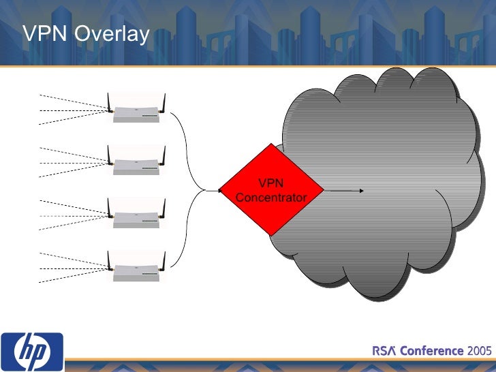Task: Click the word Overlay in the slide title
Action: point(112,34)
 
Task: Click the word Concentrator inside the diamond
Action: point(271,198)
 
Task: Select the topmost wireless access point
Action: point(137,113)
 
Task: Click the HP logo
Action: point(33,352)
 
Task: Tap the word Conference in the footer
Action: point(431,351)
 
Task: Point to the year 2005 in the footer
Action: point(480,351)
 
